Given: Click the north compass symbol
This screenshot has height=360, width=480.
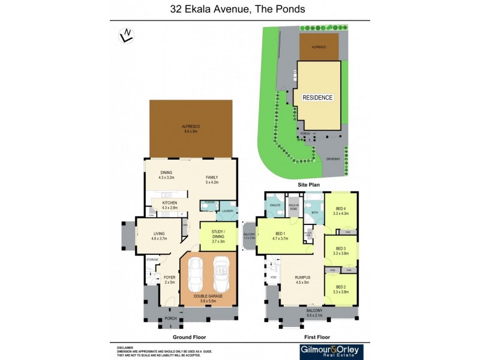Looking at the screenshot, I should tap(126, 37).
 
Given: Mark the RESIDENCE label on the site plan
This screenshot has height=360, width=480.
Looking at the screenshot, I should tap(317, 97).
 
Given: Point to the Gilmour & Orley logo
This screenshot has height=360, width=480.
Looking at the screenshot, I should tap(329, 351).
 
